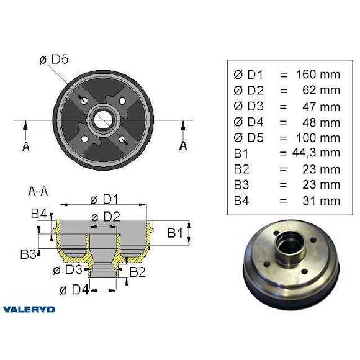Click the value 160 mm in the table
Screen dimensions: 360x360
(318, 74)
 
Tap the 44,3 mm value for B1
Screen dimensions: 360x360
(315, 153)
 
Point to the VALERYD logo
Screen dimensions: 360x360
(29, 308)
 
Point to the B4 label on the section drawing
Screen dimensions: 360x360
(39, 214)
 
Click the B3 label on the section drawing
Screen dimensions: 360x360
(28, 254)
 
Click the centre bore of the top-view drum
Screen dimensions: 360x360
(103, 118)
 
